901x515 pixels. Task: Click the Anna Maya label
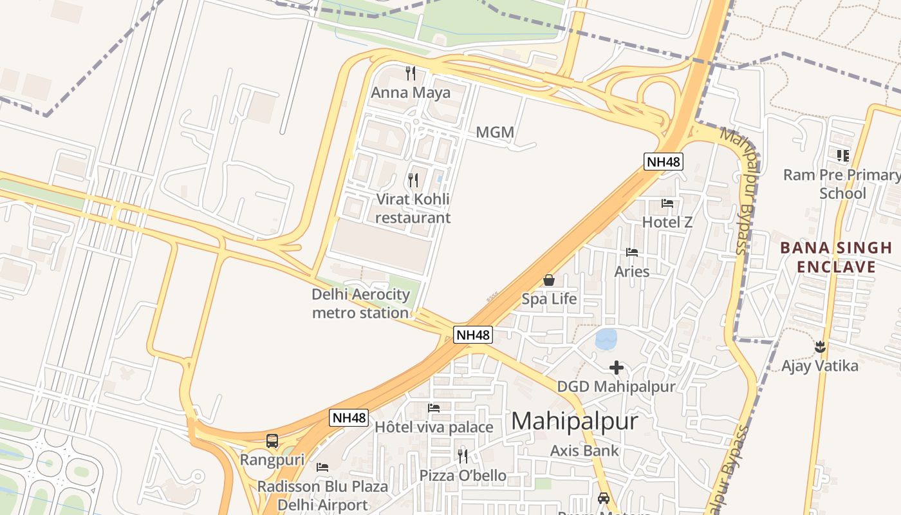(411, 93)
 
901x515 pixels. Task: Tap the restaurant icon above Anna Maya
(411, 73)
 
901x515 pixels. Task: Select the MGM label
(495, 133)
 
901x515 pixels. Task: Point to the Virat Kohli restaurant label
(413, 209)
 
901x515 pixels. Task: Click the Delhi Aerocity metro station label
(360, 304)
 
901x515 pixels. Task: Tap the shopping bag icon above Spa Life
(549, 280)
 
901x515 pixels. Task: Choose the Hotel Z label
(667, 222)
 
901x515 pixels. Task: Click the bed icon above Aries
(632, 252)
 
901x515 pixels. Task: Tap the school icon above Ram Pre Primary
(842, 155)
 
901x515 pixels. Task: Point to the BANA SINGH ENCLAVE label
(836, 257)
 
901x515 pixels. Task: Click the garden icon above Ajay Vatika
(820, 348)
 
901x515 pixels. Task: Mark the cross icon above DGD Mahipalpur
(617, 368)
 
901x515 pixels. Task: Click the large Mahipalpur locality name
(575, 422)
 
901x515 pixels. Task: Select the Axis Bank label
(584, 451)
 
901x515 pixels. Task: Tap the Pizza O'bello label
(463, 476)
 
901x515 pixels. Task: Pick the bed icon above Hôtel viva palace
(434, 408)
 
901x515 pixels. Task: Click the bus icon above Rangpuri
(272, 441)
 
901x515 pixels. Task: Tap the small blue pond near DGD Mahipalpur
(606, 339)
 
